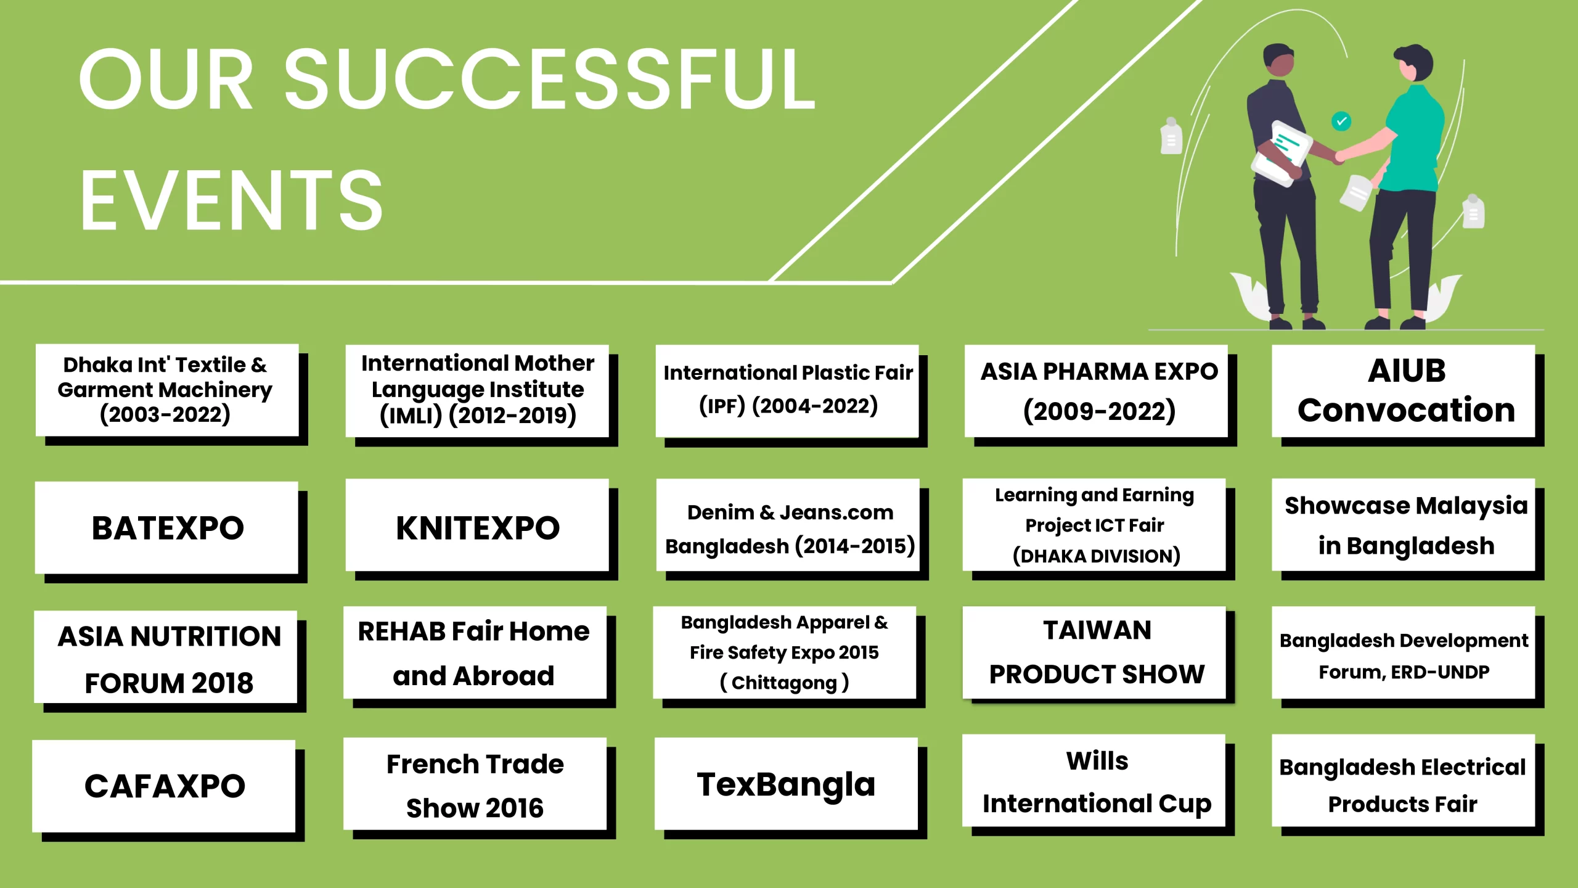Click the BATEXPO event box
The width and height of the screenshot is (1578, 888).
pos(166,528)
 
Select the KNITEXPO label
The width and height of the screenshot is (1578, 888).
pos(478,528)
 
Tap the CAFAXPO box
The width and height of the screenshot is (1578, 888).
pos(164,786)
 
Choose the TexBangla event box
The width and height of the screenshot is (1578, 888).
pos(786,784)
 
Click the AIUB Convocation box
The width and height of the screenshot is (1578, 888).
pos(1404,391)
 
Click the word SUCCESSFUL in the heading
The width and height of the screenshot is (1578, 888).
pos(549,79)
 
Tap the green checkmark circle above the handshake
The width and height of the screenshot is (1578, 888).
pos(1341,121)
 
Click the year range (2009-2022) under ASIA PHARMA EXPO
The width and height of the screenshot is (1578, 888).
pos(1100,411)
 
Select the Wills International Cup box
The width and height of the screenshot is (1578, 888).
pos(1094,781)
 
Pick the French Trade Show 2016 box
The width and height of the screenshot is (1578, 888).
pos(475,784)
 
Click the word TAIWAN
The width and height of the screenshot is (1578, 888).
pos(1097,630)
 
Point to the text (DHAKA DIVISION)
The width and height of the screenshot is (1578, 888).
pos(1097,556)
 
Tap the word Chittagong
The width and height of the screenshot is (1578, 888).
pos(784,683)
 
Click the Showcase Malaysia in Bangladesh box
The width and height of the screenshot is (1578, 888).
pos(1404,525)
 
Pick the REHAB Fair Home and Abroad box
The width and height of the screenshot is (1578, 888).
pos(475,653)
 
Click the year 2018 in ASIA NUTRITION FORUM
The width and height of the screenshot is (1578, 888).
pos(223,683)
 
